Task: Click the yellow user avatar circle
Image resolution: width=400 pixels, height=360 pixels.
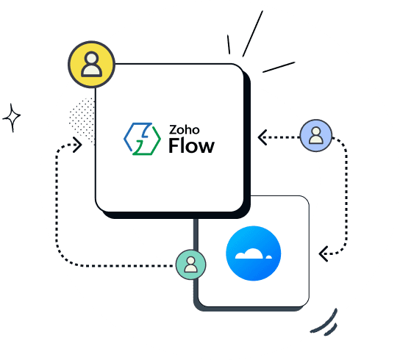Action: point(91,64)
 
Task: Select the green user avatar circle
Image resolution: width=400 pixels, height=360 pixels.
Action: point(191,264)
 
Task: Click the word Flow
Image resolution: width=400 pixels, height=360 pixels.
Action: point(191,145)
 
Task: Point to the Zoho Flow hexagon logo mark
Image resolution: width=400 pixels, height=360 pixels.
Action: point(140,139)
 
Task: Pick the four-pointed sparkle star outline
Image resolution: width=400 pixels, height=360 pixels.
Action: point(12,117)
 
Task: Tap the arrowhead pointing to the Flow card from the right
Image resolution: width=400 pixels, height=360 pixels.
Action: point(262,136)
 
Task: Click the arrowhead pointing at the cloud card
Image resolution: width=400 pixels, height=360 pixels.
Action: point(323,253)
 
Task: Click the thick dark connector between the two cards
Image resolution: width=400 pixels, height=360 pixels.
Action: point(196,235)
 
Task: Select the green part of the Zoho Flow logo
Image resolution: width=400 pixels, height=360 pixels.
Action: point(145,146)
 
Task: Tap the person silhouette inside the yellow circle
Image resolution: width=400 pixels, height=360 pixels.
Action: point(91,64)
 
